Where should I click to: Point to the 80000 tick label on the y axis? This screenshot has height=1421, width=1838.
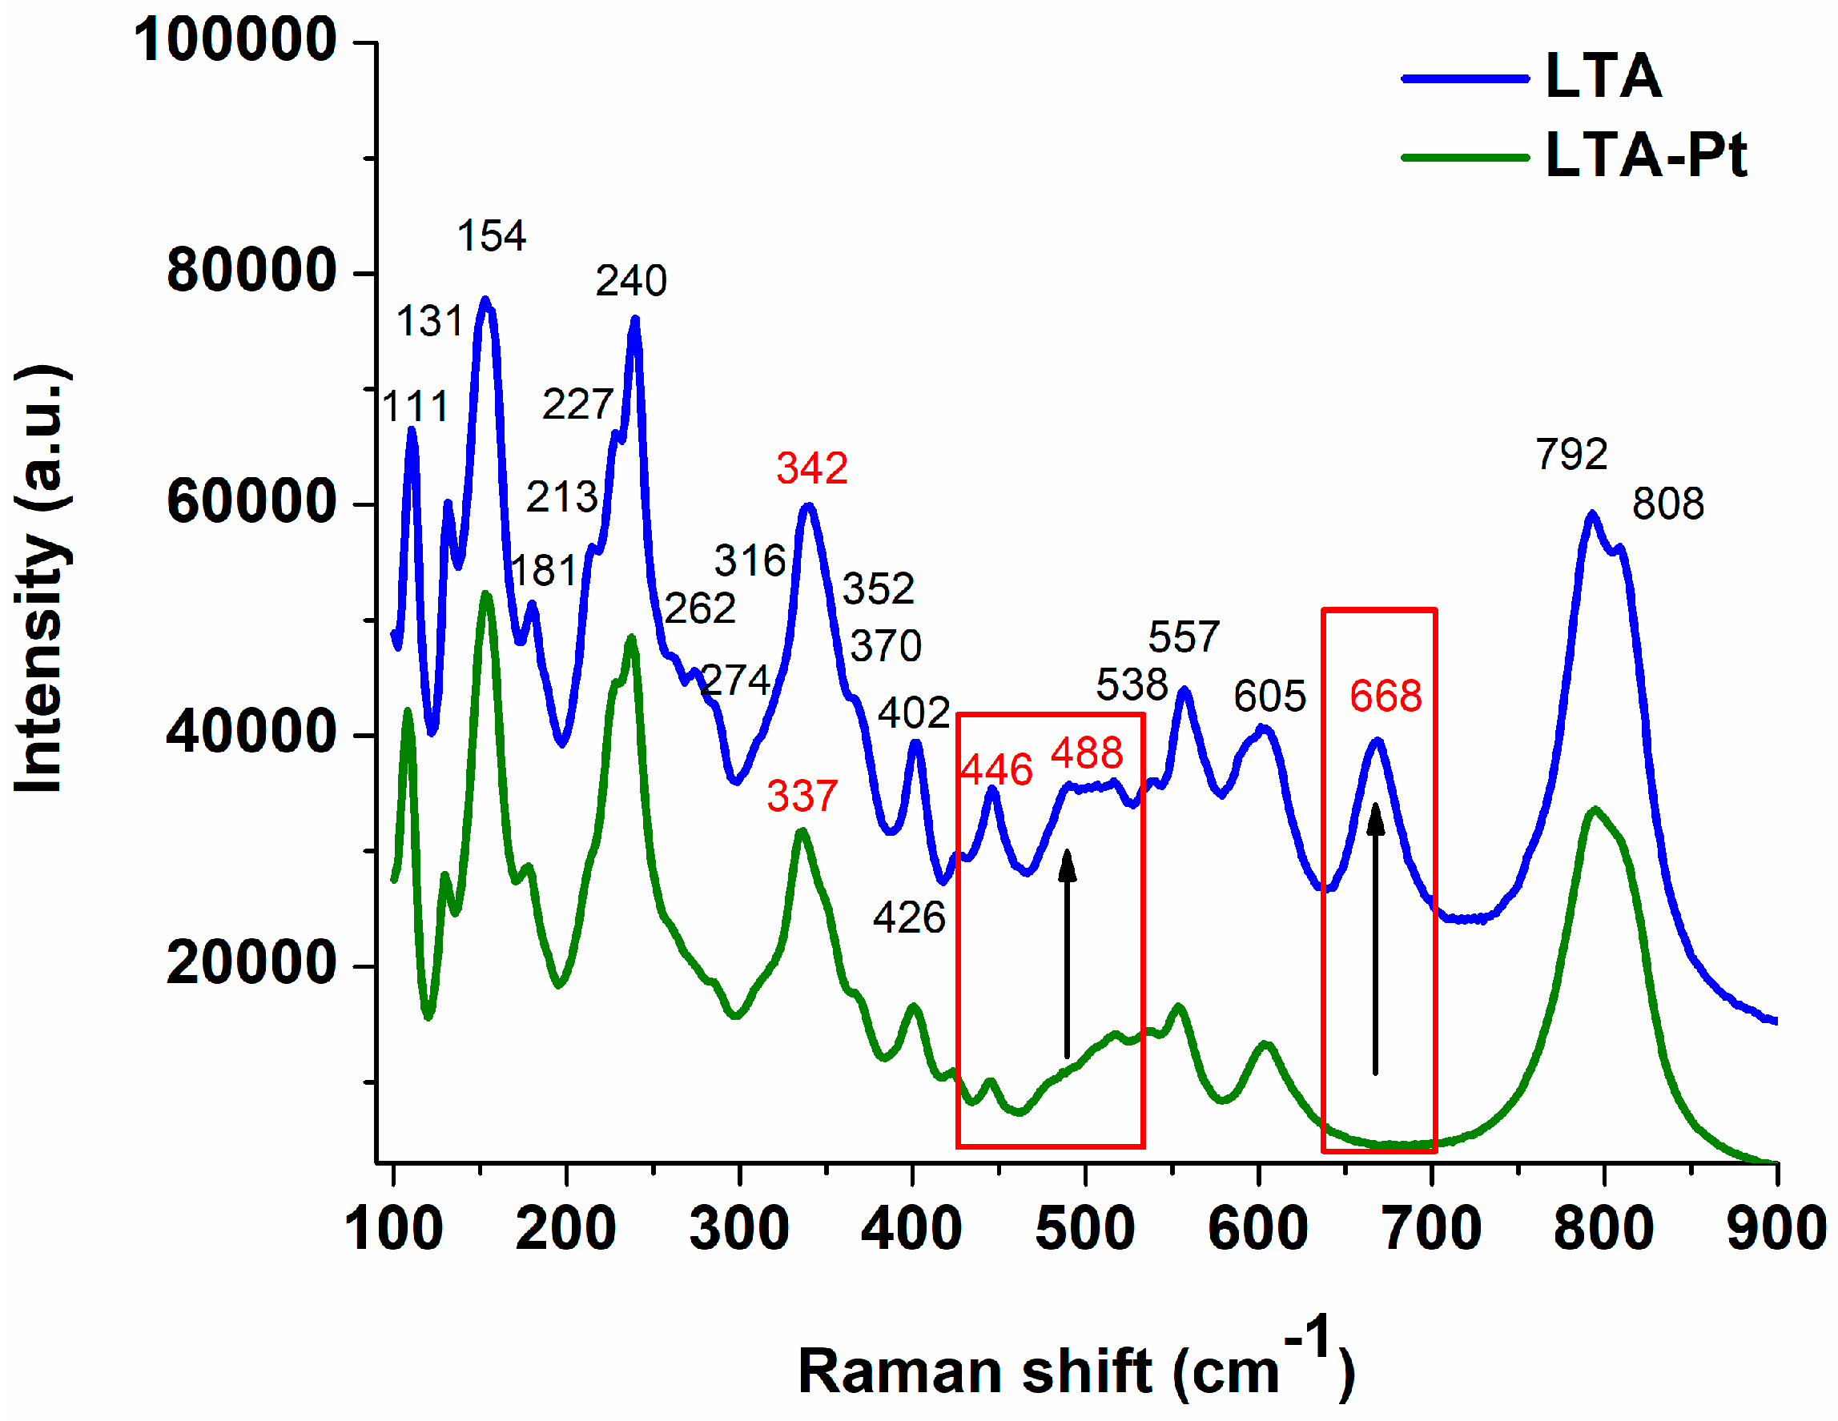pos(251,271)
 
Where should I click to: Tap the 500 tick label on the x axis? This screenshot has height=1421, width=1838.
pos(1085,1229)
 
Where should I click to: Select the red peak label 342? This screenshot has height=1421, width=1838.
pos(811,468)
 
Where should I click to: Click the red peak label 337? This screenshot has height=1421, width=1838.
pos(802,796)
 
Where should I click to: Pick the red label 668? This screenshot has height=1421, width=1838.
pos(1386,696)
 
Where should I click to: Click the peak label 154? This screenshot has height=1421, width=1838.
pos(492,236)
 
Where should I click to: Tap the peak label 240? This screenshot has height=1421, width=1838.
pos(631,281)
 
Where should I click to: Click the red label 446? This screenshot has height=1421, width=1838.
pos(995,770)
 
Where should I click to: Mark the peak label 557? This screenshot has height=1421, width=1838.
pos(1183,638)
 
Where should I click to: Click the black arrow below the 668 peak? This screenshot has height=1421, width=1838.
pos(1375,938)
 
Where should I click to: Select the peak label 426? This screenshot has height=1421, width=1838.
pos(909,918)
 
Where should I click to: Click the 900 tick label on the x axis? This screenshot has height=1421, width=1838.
pos(1776,1229)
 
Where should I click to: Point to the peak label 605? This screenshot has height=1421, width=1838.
pos(1269,696)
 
